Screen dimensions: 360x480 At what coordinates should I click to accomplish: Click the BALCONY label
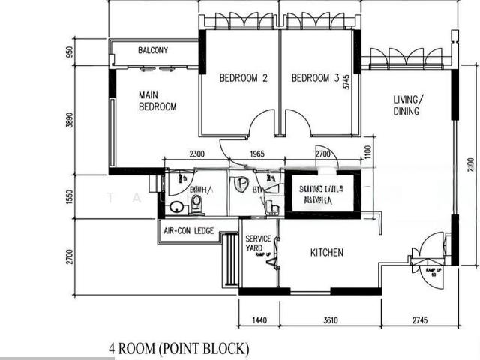pyautogui.click(x=153, y=51)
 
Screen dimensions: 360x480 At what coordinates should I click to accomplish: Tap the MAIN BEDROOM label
pyautogui.click(x=157, y=101)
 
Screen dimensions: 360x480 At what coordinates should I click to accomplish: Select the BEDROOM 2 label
pyautogui.click(x=243, y=78)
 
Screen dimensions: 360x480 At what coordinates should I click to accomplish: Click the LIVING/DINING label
pyautogui.click(x=407, y=105)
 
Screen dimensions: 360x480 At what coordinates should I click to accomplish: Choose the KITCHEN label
pyautogui.click(x=327, y=253)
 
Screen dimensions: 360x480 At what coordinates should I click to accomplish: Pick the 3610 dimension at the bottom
pyautogui.click(x=330, y=320)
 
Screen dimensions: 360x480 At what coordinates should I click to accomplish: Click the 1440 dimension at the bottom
pyautogui.click(x=259, y=320)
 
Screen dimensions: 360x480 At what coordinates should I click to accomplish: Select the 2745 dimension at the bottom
pyautogui.click(x=420, y=320)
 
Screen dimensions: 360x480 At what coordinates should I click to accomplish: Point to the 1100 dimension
pyautogui.click(x=367, y=154)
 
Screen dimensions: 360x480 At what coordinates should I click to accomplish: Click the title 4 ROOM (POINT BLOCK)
pyautogui.click(x=178, y=349)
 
